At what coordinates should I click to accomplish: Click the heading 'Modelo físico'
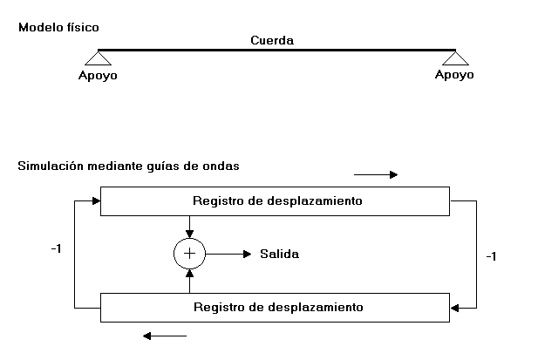pos(51,28)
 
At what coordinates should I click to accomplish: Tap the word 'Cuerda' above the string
pos(271,40)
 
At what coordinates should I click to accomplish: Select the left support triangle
pos(97,58)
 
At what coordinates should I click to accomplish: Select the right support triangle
pos(455,58)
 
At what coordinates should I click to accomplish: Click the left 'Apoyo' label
pos(97,75)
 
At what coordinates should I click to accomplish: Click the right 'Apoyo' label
pos(454,75)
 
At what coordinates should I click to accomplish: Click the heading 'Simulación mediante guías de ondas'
pos(128,165)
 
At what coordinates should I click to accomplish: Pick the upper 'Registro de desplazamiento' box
pos(276,200)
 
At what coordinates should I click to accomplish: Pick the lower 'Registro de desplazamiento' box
pos(276,307)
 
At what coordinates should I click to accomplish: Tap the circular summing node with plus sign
pos(189,254)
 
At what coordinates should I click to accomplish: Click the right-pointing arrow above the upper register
pos(376,174)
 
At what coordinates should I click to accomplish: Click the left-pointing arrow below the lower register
pos(165,335)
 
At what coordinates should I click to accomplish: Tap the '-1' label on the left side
pos(56,248)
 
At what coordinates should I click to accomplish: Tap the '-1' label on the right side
pos(490,257)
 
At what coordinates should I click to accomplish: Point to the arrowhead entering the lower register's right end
pos(454,307)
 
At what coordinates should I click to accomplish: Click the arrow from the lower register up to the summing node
pos(189,280)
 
